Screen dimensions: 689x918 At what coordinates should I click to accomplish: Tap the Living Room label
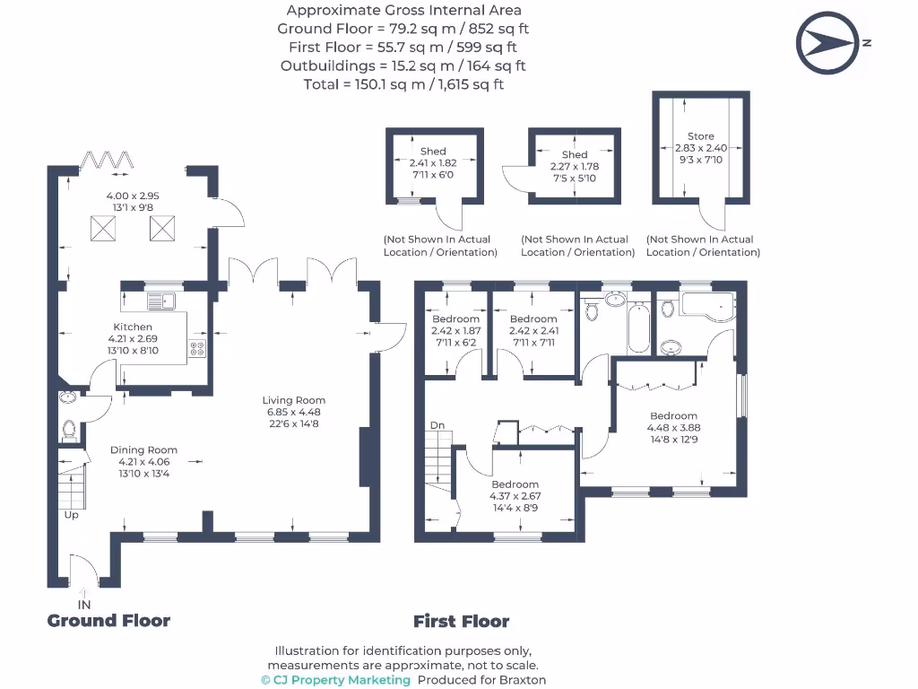(x=294, y=400)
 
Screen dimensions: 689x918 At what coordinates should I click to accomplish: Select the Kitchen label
(x=133, y=327)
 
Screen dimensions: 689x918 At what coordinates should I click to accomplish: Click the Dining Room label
(x=143, y=449)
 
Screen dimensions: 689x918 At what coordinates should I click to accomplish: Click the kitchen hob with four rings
(x=196, y=350)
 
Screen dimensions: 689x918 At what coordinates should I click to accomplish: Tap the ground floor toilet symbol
(x=70, y=430)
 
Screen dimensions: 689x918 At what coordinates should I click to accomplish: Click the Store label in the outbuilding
(x=700, y=136)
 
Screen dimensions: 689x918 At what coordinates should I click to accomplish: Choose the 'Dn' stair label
(x=437, y=425)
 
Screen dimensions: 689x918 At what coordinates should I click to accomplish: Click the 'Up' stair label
(x=71, y=515)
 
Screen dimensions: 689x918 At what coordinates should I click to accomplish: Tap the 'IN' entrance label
(x=84, y=605)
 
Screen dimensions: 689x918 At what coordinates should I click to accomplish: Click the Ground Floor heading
(x=108, y=620)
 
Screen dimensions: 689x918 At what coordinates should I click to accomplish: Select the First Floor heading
(x=461, y=621)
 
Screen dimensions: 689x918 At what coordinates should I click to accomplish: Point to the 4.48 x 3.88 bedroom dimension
(x=673, y=428)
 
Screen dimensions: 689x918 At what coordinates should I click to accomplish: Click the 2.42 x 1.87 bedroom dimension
(x=455, y=330)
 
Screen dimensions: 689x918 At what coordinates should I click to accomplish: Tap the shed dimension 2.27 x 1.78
(x=575, y=166)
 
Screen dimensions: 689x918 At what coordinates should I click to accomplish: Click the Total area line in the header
(x=403, y=84)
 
